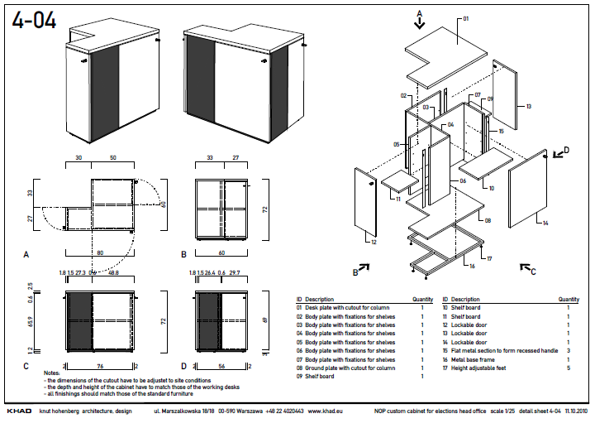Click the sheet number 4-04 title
coord(35,20)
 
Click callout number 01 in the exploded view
coord(465,17)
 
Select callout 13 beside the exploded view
coord(528,107)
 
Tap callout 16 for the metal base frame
coord(472,266)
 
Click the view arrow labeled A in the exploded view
coord(419,19)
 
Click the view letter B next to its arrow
coord(355,271)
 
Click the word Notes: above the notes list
coord(51,373)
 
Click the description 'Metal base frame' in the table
coord(477,360)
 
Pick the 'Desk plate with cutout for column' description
coord(347,307)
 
